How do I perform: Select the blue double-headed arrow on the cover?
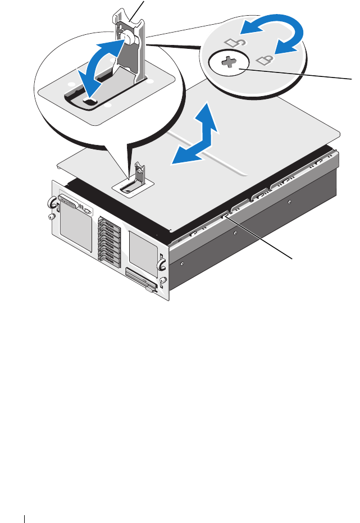point(195,137)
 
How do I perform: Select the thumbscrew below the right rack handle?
point(163,280)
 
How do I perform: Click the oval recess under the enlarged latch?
point(90,101)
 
